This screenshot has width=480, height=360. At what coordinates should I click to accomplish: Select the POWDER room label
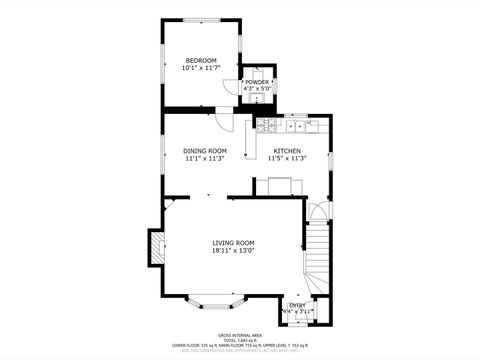pyautogui.click(x=257, y=81)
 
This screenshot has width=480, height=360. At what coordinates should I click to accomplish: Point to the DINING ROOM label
pyautogui.click(x=203, y=150)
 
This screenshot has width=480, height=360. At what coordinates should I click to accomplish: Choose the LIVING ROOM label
pyautogui.click(x=233, y=243)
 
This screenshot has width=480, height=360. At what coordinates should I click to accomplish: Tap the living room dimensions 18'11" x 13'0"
pyautogui.click(x=233, y=251)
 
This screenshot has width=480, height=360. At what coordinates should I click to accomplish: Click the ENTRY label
pyautogui.click(x=298, y=305)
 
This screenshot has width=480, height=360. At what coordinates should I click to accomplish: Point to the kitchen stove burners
pyautogui.click(x=297, y=127)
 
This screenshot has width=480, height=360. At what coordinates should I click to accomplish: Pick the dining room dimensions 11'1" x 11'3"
pyautogui.click(x=203, y=158)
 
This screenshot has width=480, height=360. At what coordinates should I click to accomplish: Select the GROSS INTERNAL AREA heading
pyautogui.click(x=239, y=335)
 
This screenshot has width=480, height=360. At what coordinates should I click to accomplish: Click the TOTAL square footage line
pyautogui.click(x=239, y=340)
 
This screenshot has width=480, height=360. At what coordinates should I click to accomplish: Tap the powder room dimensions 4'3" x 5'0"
pyautogui.click(x=257, y=88)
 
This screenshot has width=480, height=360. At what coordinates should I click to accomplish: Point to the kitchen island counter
pyautogui.click(x=279, y=184)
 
